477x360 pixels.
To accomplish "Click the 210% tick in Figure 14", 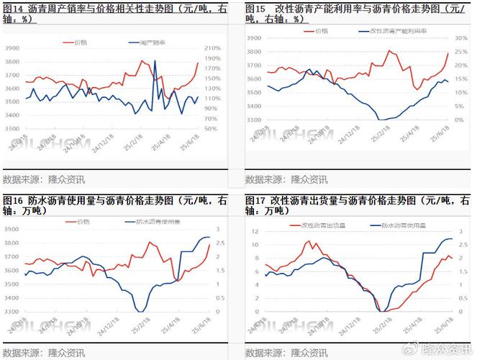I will click(213, 48).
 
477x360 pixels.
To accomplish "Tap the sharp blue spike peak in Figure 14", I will click(155, 61).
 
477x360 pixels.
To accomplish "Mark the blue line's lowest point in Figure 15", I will click(381, 120).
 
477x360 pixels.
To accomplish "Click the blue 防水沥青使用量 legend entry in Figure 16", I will click(155, 221).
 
